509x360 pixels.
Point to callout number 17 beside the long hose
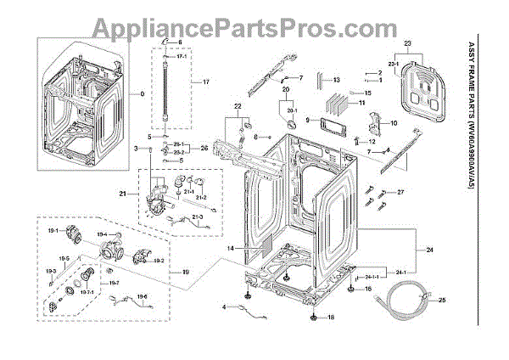204,81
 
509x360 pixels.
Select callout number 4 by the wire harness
224,306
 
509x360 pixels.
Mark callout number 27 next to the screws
402,194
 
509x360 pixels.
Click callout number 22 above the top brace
238,106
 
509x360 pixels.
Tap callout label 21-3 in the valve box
199,218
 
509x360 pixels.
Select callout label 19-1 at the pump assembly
50,230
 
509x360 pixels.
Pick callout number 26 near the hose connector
204,149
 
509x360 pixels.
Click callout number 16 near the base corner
368,289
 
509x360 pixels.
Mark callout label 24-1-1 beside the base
370,277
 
